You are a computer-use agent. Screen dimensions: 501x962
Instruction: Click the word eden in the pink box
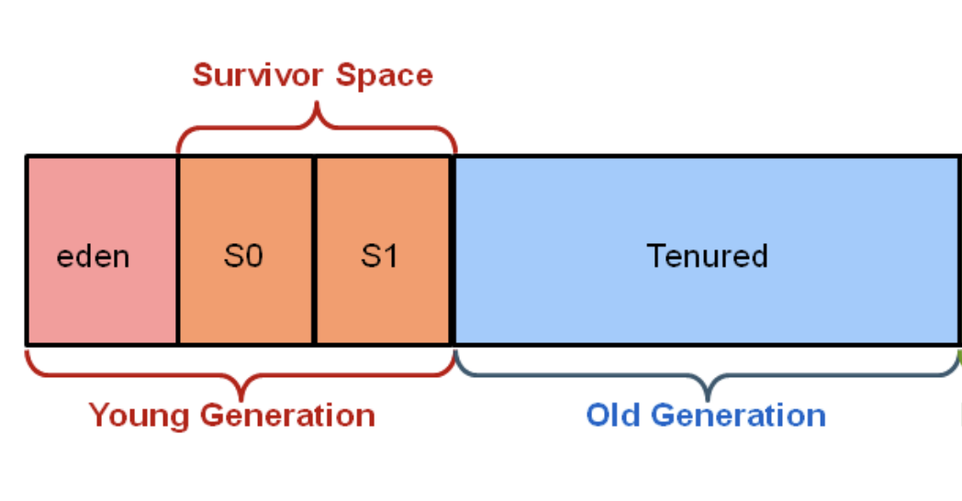pyautogui.click(x=93, y=256)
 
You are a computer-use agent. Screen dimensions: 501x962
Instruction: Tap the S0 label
pyautogui.click(x=243, y=256)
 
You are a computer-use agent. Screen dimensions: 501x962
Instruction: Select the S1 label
pyautogui.click(x=379, y=256)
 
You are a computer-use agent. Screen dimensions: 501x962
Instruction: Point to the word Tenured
pyautogui.click(x=707, y=255)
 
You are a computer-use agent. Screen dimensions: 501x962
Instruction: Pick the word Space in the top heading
pyautogui.click(x=384, y=75)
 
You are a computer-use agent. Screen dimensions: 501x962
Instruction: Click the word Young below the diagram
pyautogui.click(x=140, y=416)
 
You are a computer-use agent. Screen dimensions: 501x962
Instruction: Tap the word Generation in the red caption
pyautogui.click(x=288, y=416)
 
